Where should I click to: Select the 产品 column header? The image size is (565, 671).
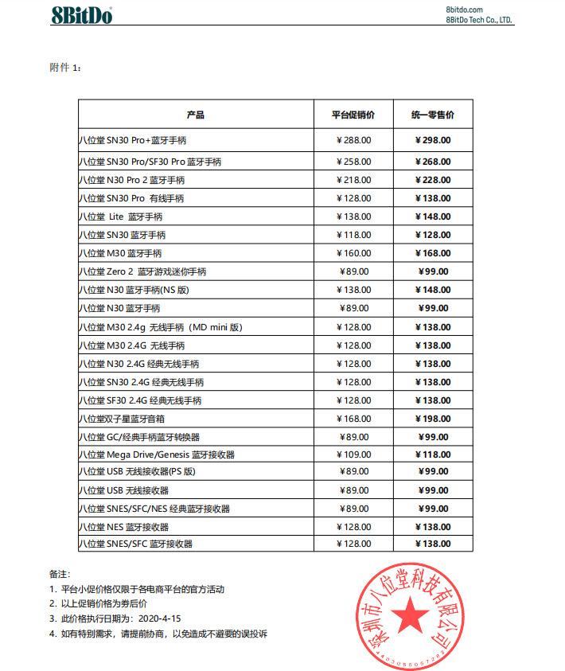(x=196, y=115)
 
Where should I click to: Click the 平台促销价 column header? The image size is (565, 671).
(x=353, y=115)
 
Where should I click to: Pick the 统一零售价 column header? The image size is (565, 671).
(x=433, y=115)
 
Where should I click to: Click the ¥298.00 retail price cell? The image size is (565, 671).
(x=433, y=140)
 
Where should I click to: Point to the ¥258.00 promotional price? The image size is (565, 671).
(x=353, y=162)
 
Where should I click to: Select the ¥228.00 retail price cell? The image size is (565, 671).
(x=433, y=180)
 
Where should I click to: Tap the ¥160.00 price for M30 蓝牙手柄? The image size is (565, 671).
(x=353, y=253)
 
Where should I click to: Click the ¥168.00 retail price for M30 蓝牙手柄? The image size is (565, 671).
(x=433, y=253)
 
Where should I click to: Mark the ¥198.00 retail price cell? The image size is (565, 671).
(x=433, y=419)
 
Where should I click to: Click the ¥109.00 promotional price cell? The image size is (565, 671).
(x=353, y=455)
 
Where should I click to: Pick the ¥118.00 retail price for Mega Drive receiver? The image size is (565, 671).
(x=433, y=455)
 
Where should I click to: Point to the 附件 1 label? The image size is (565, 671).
(x=65, y=68)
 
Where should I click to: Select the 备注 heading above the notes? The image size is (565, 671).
(x=60, y=574)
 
